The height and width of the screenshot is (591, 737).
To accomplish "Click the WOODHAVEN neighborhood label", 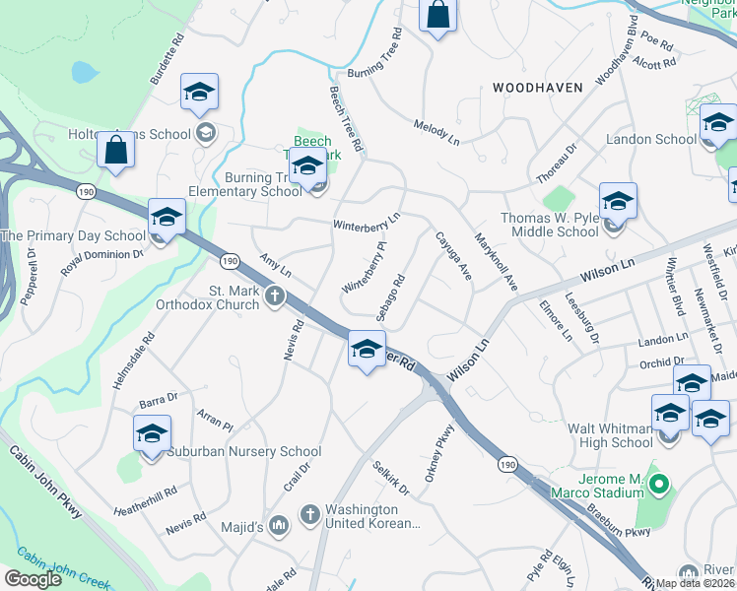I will pos(537,88).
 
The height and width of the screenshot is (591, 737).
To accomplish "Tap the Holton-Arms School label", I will pos(130,134).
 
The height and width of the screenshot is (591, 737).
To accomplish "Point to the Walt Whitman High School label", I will pos(610,435).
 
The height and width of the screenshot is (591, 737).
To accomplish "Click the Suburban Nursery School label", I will pos(232,452).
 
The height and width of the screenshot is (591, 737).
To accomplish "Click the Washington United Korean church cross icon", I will pos(309,514).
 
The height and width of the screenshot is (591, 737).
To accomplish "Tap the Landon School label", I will pos(650,139).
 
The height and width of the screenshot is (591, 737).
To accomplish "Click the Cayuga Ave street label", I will pos(454,255).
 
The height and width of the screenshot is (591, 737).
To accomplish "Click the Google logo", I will pos(33,579).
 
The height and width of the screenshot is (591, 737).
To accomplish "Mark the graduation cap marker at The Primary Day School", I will pos(167,218).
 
